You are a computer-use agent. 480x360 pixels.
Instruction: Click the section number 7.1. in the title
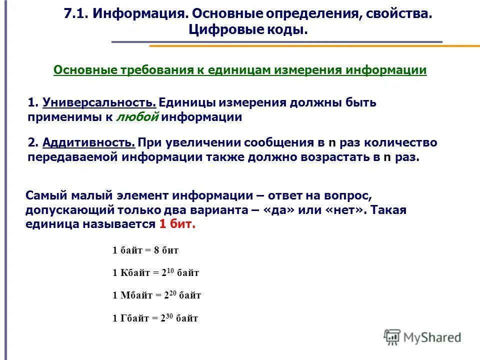[x=75, y=13]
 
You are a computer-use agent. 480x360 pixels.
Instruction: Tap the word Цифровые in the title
[x=220, y=30]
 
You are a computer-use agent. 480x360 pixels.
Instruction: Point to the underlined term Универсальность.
[x=100, y=102]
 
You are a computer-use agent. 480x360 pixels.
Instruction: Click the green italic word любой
[x=137, y=117]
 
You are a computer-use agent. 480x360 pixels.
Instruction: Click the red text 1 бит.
[x=177, y=224]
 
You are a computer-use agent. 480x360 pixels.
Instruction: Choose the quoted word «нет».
[x=345, y=210]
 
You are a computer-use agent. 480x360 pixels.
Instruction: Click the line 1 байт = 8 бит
[x=145, y=250]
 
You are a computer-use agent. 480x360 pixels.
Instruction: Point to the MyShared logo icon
[x=392, y=337]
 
